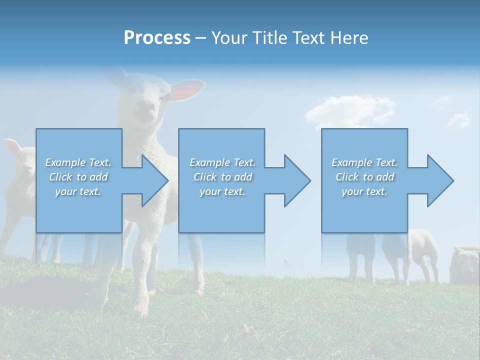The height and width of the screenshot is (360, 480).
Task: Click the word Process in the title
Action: tap(157, 38)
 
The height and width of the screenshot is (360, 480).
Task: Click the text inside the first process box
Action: tap(78, 177)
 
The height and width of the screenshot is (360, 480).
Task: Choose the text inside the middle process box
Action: tap(222, 177)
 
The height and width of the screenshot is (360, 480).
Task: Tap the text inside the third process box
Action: tap(364, 177)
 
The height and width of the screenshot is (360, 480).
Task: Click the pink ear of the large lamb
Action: tap(189, 90)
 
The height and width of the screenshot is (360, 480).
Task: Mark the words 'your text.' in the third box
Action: tap(364, 191)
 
